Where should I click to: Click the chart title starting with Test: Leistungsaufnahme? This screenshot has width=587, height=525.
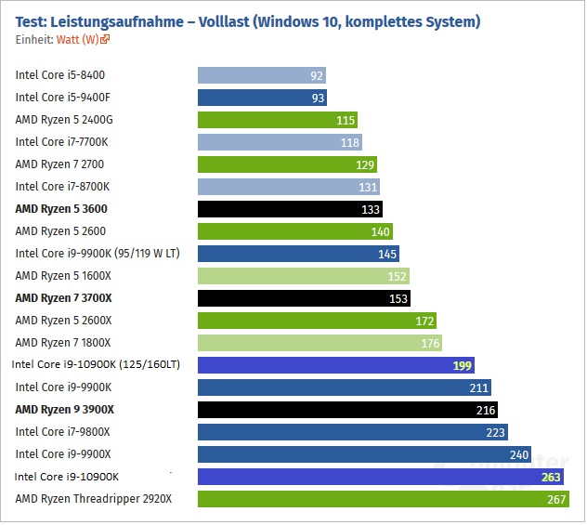248,20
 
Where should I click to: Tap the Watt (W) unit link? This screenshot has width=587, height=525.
78,39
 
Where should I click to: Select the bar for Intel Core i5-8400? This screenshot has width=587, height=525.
261,75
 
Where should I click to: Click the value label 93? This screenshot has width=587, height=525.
318,98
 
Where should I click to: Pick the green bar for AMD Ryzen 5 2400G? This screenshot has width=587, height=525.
277,120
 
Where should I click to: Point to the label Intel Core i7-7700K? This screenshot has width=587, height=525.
62,142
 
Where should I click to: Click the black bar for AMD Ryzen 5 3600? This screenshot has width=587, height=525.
289,209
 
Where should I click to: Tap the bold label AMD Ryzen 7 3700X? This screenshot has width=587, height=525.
63,298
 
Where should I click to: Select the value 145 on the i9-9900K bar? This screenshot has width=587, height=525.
387,254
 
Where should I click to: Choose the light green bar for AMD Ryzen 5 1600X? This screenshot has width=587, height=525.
303,276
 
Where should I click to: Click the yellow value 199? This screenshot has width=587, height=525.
463,365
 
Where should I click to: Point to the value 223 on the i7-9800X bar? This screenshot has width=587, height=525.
496,432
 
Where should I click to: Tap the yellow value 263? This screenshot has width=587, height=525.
552,477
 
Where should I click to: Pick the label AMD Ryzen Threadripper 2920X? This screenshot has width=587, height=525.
94,499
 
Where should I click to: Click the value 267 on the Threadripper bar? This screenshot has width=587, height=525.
555,499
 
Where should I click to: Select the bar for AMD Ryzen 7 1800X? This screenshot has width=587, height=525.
321,343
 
